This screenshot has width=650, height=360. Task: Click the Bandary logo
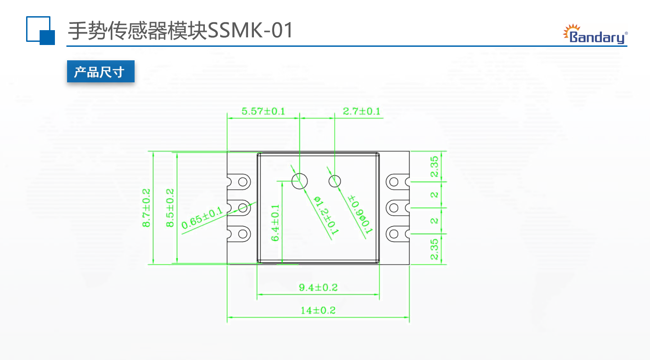[x=595, y=34]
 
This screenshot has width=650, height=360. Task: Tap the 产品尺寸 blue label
[x=100, y=72]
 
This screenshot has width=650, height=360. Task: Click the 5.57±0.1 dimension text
[x=263, y=111]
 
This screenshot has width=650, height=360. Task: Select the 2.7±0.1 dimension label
[x=361, y=111]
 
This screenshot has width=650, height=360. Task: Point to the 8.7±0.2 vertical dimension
[x=146, y=208]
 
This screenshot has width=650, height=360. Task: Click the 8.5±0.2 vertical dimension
[x=170, y=208]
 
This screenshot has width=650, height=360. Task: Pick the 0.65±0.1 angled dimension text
[x=202, y=218]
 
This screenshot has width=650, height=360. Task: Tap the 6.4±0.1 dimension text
[x=275, y=223]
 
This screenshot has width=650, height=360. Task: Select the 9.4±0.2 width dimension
[x=318, y=288]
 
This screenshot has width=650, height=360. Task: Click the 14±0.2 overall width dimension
[x=318, y=310]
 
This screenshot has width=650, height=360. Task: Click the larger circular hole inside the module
[x=299, y=181]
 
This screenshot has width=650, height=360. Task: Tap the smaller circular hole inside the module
[x=334, y=181]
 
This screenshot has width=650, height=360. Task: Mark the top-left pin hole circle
[x=244, y=182]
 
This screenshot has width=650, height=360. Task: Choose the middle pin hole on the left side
[x=244, y=207]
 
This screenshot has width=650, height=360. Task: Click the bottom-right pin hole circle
[x=394, y=233]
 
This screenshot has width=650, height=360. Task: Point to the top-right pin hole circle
[x=394, y=182]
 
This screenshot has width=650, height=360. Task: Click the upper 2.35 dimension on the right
[x=434, y=167]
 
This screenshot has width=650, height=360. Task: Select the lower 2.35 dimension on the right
[x=434, y=249]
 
